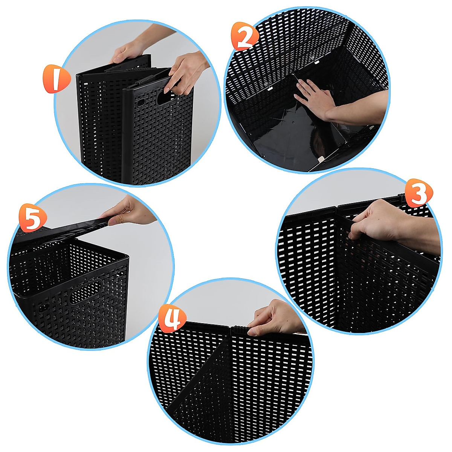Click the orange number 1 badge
click(56, 79)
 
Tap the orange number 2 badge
click(245, 37)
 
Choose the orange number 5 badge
click(33, 218)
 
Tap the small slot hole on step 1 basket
click(141, 103)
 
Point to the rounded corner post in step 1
click(127, 134)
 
